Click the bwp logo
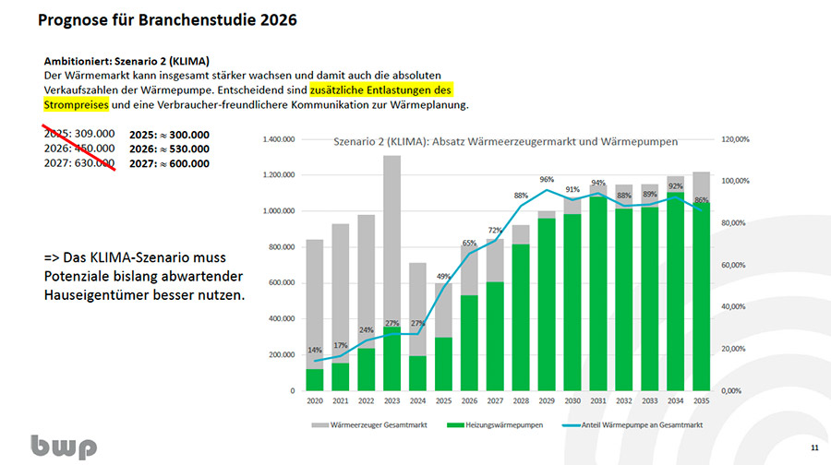(x=64, y=447)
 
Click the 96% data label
(x=547, y=180)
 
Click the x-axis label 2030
(x=573, y=401)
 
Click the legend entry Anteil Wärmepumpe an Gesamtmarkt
(x=637, y=425)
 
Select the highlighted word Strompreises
(x=76, y=105)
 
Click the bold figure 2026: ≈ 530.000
(x=169, y=149)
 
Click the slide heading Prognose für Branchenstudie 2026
(x=167, y=19)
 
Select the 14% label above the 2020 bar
(x=315, y=351)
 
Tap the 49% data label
(x=443, y=277)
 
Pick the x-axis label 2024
(x=418, y=401)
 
